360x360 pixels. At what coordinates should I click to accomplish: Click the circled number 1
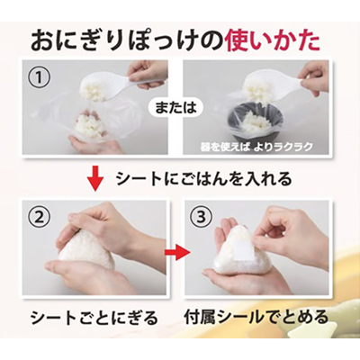coord(40,76)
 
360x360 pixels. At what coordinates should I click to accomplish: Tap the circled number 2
coord(40,217)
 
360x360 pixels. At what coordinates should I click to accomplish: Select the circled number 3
coord(202,217)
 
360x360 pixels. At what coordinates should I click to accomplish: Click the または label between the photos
coord(175,108)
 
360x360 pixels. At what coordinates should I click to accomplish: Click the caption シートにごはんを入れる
coord(203,179)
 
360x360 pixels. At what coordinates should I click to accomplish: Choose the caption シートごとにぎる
coord(94,317)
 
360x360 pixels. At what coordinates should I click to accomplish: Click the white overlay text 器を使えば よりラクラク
coord(256,147)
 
